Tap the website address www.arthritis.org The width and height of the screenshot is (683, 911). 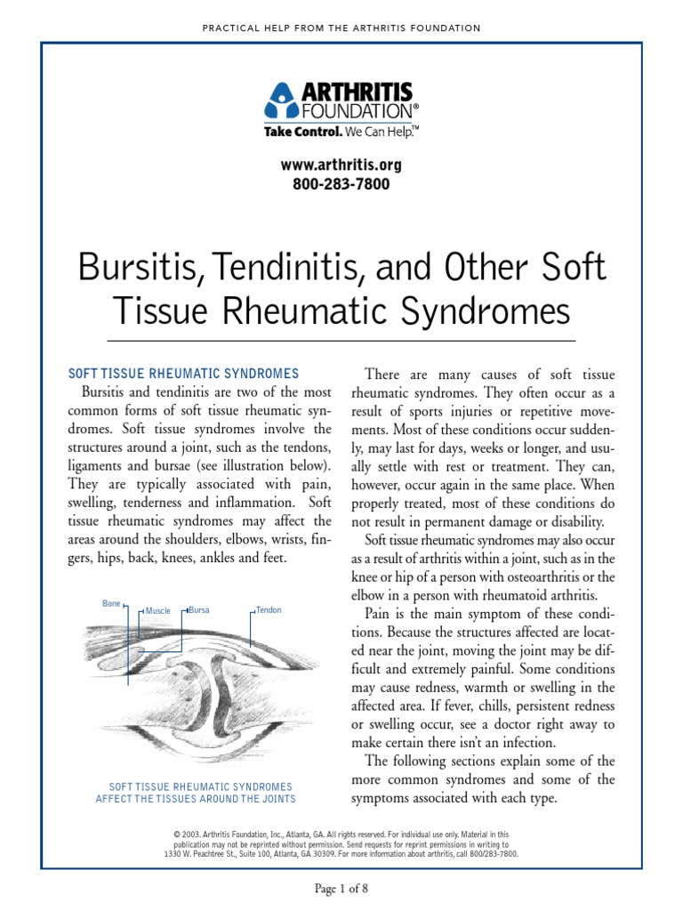tap(341, 165)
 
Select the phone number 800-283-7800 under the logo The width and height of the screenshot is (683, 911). tap(341, 184)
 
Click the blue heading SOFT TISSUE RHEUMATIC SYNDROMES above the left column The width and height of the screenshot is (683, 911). tap(184, 374)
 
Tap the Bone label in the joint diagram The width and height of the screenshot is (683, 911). tap(111, 604)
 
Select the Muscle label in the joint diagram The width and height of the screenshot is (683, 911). tap(157, 611)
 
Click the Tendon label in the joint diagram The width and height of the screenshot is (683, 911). tap(269, 610)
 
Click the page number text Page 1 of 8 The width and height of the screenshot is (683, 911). tap(341, 889)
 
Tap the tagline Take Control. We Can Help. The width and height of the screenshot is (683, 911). tap(341, 131)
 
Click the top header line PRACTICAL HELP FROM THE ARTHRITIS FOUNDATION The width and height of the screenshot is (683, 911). tap(341, 28)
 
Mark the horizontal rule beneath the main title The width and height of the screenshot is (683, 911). tap(341, 341)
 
